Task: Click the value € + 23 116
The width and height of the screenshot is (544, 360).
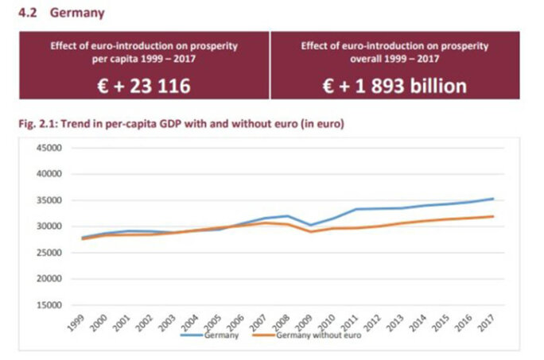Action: tap(140, 85)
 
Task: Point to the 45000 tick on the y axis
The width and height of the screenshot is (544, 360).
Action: tap(50, 148)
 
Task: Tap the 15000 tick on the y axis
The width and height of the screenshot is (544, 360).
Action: tap(50, 304)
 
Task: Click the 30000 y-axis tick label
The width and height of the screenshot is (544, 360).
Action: tap(50, 226)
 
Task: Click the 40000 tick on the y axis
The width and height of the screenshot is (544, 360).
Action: tap(50, 174)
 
